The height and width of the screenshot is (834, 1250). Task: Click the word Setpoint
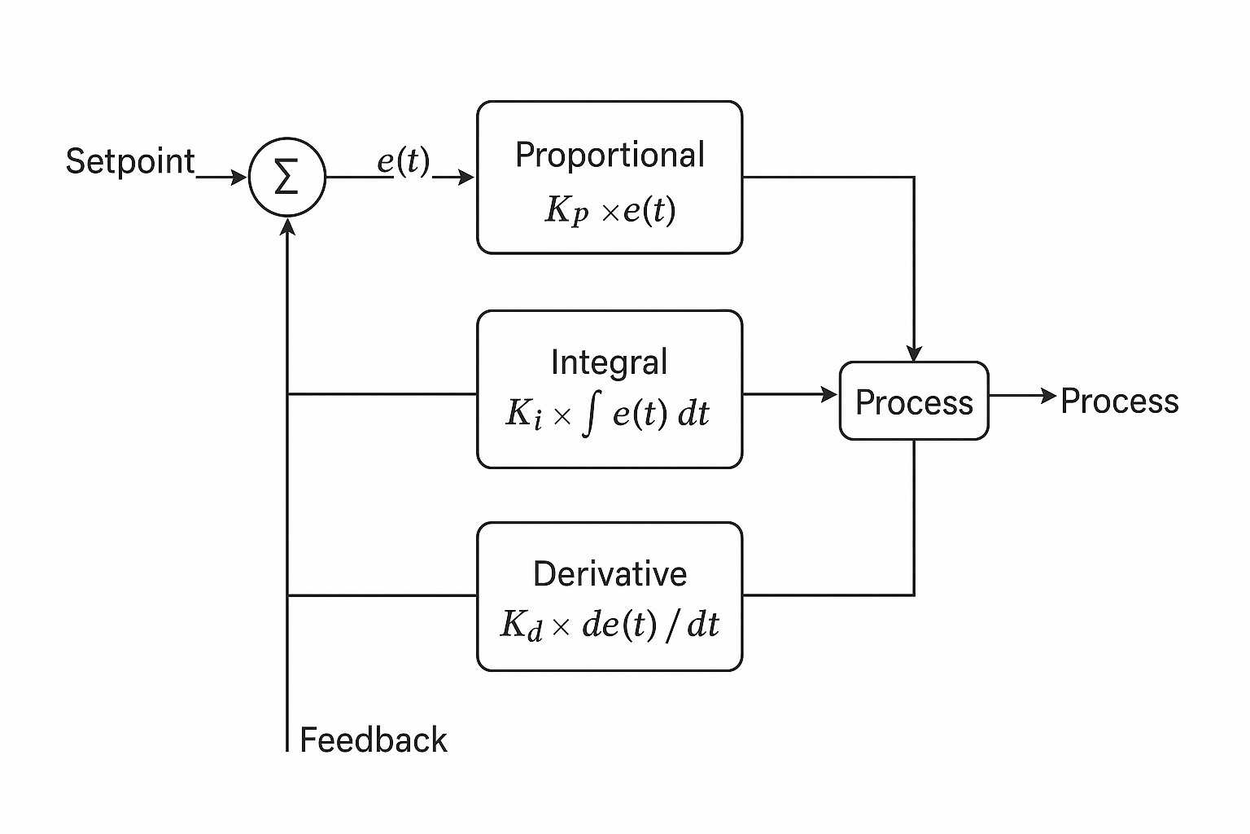click(x=129, y=161)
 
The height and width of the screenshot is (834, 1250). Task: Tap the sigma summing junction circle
click(x=286, y=178)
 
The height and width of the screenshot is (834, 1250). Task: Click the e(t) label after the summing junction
click(x=403, y=161)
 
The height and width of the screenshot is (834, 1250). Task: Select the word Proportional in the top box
click(x=610, y=156)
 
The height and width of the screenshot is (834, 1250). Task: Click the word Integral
click(x=609, y=362)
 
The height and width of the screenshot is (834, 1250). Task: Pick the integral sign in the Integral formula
click(x=591, y=415)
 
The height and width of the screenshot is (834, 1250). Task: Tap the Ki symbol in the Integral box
click(x=522, y=414)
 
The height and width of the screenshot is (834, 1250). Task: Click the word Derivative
click(x=610, y=574)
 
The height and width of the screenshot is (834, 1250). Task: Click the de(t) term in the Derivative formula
click(x=618, y=625)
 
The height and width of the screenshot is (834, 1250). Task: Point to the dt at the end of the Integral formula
click(x=693, y=414)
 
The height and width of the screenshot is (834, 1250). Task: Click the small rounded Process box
click(x=914, y=402)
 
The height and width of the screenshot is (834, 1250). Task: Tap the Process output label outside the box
click(x=1120, y=402)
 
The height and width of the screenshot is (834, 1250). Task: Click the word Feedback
click(x=374, y=740)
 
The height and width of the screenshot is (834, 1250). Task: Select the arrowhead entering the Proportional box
click(x=467, y=178)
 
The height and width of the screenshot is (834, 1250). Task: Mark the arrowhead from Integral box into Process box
click(x=830, y=395)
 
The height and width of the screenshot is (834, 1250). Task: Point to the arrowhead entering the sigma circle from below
click(x=287, y=226)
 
